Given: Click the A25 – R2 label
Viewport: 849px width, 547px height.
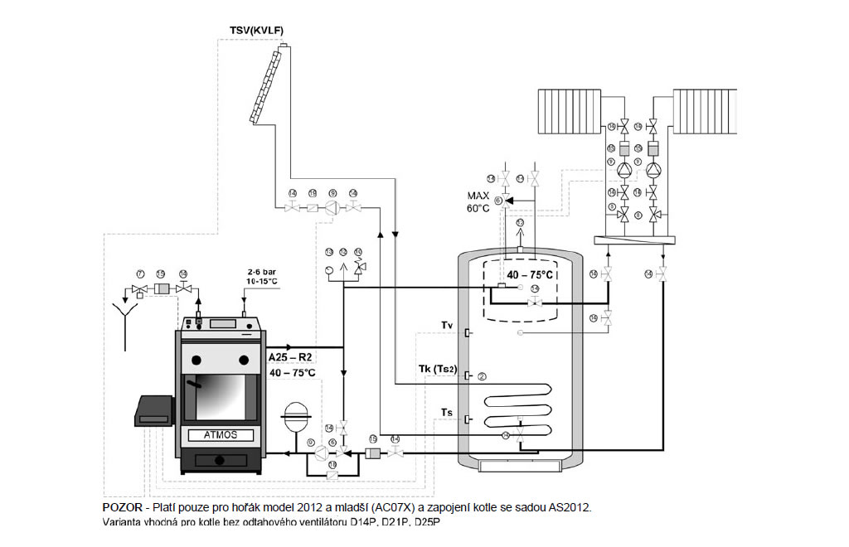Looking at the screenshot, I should click(289, 356).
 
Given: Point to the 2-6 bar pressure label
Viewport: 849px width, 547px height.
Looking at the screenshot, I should click(262, 271).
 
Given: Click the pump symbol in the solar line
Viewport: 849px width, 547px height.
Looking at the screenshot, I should click(332, 208).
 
